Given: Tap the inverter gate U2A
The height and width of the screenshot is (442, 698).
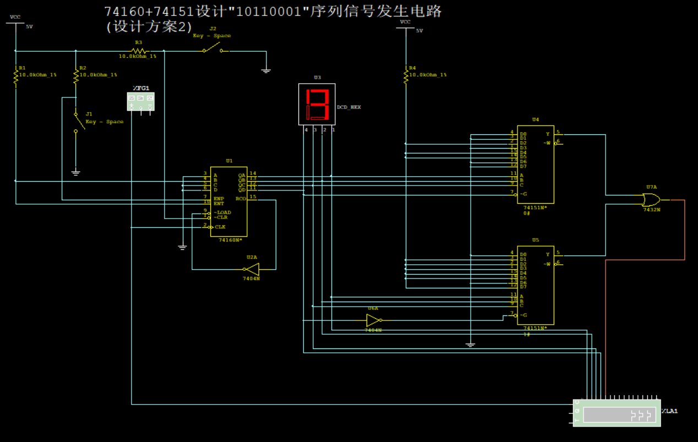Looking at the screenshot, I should (x=252, y=269).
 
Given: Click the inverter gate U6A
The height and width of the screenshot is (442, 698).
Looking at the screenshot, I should (x=373, y=320).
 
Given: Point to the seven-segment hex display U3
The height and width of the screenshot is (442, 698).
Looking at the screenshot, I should (x=317, y=103).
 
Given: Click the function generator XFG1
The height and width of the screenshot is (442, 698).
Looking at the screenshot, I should (x=140, y=101).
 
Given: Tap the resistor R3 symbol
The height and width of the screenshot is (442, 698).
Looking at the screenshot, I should (x=139, y=51).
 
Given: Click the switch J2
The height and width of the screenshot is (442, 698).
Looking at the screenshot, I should (x=212, y=50).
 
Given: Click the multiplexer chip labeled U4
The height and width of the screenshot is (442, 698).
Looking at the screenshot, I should (x=535, y=163).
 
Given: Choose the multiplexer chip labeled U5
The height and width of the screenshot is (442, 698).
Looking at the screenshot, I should (x=535, y=285).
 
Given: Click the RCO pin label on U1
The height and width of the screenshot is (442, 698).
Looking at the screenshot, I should (x=241, y=198).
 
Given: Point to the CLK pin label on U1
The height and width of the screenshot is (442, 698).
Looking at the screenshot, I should (x=220, y=227).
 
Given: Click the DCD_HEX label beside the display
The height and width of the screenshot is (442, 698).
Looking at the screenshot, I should (x=348, y=107).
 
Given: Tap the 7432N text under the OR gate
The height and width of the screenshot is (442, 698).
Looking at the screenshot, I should (x=651, y=210).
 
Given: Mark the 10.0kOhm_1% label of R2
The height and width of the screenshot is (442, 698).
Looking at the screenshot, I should (x=98, y=75).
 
